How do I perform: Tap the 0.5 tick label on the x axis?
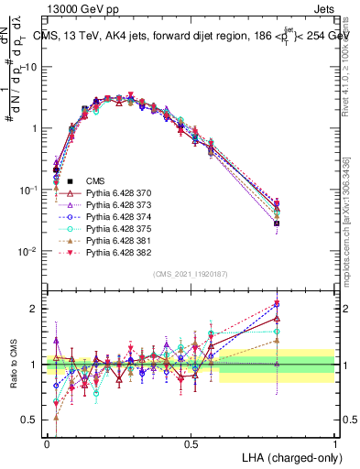click(x=191, y=442)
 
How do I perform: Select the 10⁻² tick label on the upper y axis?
click(x=28, y=252)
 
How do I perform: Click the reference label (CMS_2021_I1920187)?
click(x=191, y=273)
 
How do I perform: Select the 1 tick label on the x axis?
click(x=335, y=442)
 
